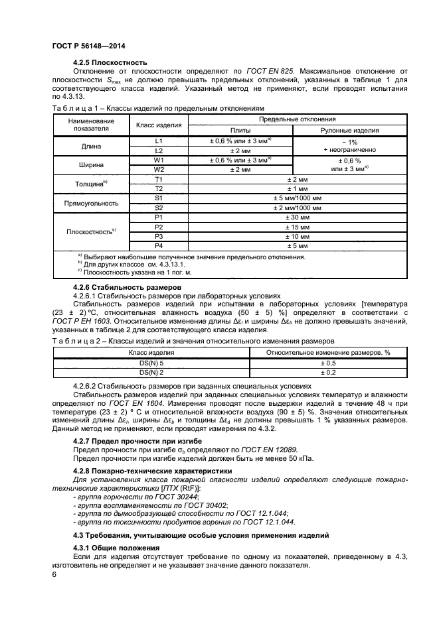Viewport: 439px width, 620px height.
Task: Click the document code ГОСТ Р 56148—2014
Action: [x=88, y=46]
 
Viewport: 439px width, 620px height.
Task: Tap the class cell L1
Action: [x=159, y=141]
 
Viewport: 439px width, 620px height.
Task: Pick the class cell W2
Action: [x=159, y=169]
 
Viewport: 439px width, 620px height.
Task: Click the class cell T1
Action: [x=159, y=179]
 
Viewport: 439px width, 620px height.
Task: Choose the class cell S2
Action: [x=159, y=207]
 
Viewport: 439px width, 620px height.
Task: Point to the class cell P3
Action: [x=159, y=235]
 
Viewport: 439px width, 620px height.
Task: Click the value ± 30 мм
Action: [x=297, y=217]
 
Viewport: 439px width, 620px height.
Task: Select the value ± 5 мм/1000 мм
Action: [x=297, y=198]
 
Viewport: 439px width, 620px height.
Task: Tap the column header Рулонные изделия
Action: [x=349, y=131]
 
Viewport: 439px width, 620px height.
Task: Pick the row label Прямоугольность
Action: [x=95, y=203]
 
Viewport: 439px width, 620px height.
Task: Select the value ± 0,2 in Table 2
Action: [x=328, y=373]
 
